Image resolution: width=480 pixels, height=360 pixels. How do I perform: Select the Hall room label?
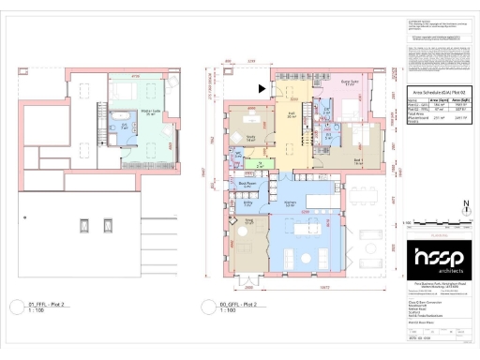tap(291, 113)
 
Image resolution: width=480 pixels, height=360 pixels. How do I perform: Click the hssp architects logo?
tap(438, 261)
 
